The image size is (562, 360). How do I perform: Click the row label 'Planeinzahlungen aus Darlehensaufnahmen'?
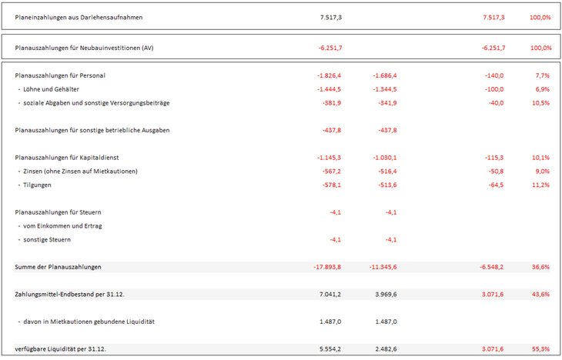tap(79, 17)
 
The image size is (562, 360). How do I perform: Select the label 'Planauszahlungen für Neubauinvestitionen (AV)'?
tap(84, 48)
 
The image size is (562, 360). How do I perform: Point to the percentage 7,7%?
tap(541, 75)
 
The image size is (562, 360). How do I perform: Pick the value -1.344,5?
tap(382, 89)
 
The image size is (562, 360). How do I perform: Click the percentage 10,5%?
tap(540, 103)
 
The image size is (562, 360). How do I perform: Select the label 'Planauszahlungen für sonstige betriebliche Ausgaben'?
tap(92, 130)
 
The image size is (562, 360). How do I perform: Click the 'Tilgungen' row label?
tap(37, 185)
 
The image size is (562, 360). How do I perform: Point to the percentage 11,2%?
tap(540, 185)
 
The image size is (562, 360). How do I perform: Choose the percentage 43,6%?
tap(540, 294)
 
